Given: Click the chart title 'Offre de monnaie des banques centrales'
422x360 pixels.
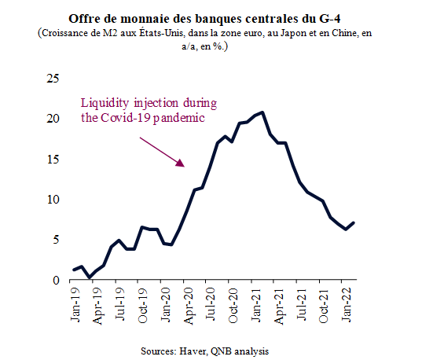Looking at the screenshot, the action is tap(183, 19).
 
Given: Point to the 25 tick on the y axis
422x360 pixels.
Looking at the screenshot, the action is tap(53, 79).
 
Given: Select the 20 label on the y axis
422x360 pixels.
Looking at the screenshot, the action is tap(53, 119).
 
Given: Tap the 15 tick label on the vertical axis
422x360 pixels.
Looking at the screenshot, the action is tap(53, 159).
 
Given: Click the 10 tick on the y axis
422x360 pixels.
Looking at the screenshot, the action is tap(53, 200).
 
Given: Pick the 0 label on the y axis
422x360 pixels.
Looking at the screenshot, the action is tap(56, 281).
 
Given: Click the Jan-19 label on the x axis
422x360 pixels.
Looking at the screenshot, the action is tap(75, 304).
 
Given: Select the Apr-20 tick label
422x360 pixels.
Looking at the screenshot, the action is tap(188, 306).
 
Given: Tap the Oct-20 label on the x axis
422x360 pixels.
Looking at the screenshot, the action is tap(233, 305).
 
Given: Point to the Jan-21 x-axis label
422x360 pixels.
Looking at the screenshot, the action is tap(256, 304).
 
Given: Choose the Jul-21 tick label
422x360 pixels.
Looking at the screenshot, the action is tap(302, 304).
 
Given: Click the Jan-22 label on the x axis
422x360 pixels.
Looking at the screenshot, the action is tap(347, 304).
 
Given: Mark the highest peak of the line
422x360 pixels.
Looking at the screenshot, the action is tap(262, 112).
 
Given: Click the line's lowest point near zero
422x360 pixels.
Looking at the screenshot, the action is tap(90, 277).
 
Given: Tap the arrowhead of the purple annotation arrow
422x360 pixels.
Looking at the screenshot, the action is tap(181, 163).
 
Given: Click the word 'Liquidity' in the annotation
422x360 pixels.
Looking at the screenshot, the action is tap(105, 104).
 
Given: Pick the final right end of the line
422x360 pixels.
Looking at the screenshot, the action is tap(354, 222).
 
